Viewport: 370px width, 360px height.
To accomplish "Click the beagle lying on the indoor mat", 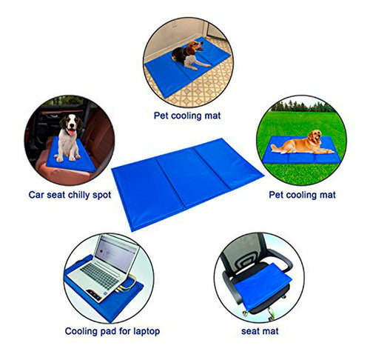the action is click(x=189, y=56).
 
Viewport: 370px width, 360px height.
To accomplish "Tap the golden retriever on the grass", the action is click(x=297, y=143).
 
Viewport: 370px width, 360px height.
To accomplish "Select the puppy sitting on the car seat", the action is click(x=69, y=137).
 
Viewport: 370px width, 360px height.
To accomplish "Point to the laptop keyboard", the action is click(x=99, y=276).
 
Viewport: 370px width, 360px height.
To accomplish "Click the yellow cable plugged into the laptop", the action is click(x=128, y=284).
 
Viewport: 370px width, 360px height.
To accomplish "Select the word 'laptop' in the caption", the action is click(x=147, y=331).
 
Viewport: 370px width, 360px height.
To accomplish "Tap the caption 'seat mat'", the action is click(x=260, y=331).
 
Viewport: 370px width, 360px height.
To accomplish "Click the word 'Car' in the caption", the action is click(x=36, y=195).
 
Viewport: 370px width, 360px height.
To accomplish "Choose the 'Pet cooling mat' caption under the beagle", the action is click(x=187, y=116).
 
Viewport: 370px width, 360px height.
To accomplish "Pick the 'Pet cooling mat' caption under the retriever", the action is click(x=302, y=195).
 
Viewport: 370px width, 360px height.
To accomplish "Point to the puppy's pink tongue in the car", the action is click(x=71, y=133).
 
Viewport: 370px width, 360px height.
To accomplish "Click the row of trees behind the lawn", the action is click(x=303, y=107).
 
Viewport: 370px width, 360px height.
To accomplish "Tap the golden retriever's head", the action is click(x=314, y=136).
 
